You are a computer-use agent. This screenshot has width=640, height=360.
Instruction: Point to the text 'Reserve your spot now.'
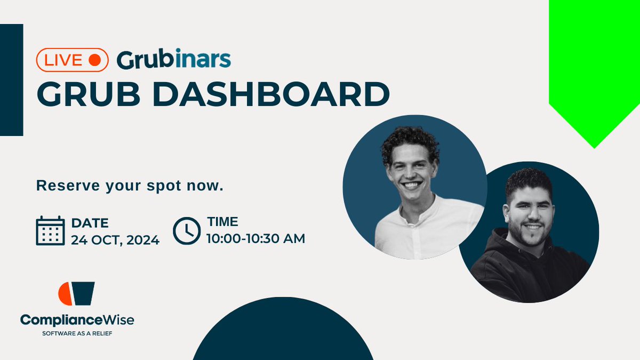coord(129,187)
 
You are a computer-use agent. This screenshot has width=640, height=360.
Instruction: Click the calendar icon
coord(50,231)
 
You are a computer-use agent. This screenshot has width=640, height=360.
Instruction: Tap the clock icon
coord(187,230)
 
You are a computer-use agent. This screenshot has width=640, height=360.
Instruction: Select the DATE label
coord(90,222)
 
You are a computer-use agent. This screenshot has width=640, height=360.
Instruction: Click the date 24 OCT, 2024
coord(115,240)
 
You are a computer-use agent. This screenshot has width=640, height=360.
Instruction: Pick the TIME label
coord(222,222)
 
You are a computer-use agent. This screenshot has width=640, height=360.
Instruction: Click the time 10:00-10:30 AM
coord(256,238)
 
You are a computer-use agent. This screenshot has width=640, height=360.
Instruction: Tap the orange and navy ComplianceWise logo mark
coord(76,294)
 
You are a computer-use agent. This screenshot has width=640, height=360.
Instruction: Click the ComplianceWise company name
coord(77,320)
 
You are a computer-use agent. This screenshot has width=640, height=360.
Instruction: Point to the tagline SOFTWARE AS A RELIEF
coord(77,334)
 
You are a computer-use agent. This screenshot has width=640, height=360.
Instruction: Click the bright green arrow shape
coord(594,64)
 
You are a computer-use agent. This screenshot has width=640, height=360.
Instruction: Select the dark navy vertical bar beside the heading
coord(11,80)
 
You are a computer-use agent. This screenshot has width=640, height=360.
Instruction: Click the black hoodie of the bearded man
coord(512,272)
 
